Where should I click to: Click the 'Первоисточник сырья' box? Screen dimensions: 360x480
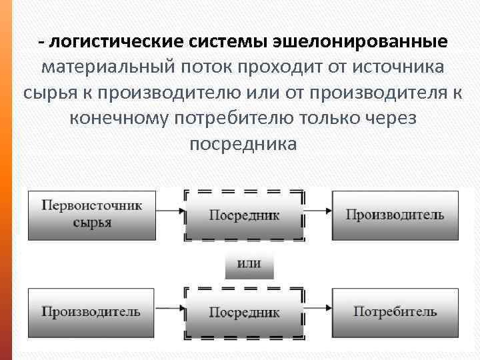tap(91, 215)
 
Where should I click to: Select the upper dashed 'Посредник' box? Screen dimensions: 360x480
tap(244, 215)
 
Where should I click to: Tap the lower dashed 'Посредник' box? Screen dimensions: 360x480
tap(244, 312)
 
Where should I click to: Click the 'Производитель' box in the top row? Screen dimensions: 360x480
tap(395, 215)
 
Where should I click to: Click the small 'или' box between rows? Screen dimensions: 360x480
tap(249, 263)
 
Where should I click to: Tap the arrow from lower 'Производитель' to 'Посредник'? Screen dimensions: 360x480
tap(170, 309)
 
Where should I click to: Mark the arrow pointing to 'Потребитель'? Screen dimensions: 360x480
tap(319, 309)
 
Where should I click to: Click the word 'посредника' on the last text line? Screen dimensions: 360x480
tap(243, 144)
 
